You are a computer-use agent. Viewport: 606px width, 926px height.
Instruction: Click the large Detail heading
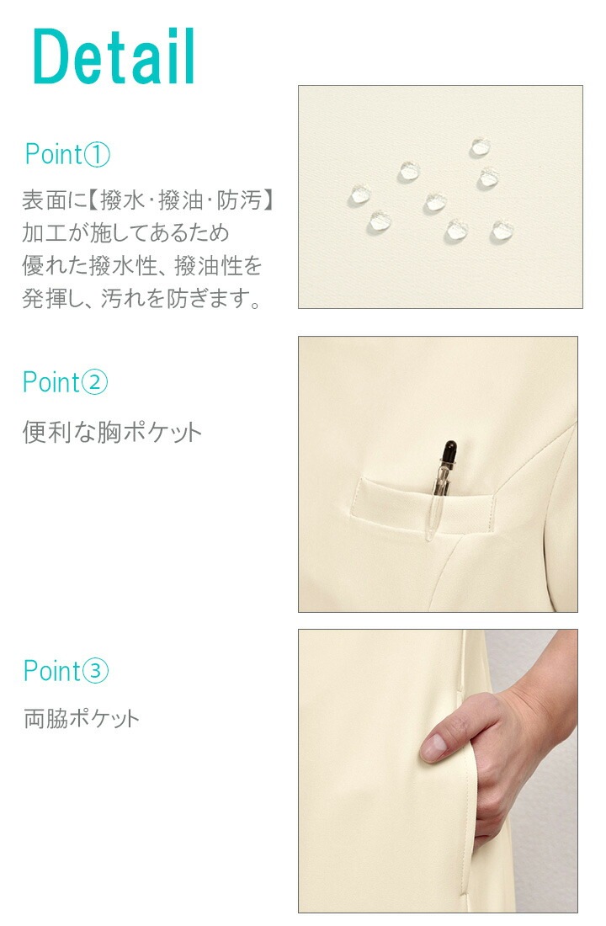click(x=114, y=57)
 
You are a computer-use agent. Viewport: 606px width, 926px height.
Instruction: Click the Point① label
click(x=67, y=155)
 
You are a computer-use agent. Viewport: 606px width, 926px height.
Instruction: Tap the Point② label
click(x=66, y=382)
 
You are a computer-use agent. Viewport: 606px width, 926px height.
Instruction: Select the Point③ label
click(x=66, y=671)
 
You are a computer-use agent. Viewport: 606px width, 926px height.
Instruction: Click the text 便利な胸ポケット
click(x=112, y=433)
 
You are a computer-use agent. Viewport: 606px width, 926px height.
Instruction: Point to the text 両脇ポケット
click(x=81, y=719)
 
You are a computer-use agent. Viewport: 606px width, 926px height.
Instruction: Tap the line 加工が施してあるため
click(x=125, y=233)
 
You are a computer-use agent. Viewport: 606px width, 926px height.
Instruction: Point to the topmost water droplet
click(x=480, y=147)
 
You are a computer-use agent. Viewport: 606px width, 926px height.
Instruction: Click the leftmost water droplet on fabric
click(x=359, y=195)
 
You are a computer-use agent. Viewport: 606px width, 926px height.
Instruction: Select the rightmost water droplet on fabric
click(x=502, y=230)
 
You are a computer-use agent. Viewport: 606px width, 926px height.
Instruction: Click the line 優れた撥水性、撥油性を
click(x=141, y=266)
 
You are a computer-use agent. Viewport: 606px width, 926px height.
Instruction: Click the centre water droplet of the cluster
click(x=434, y=202)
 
